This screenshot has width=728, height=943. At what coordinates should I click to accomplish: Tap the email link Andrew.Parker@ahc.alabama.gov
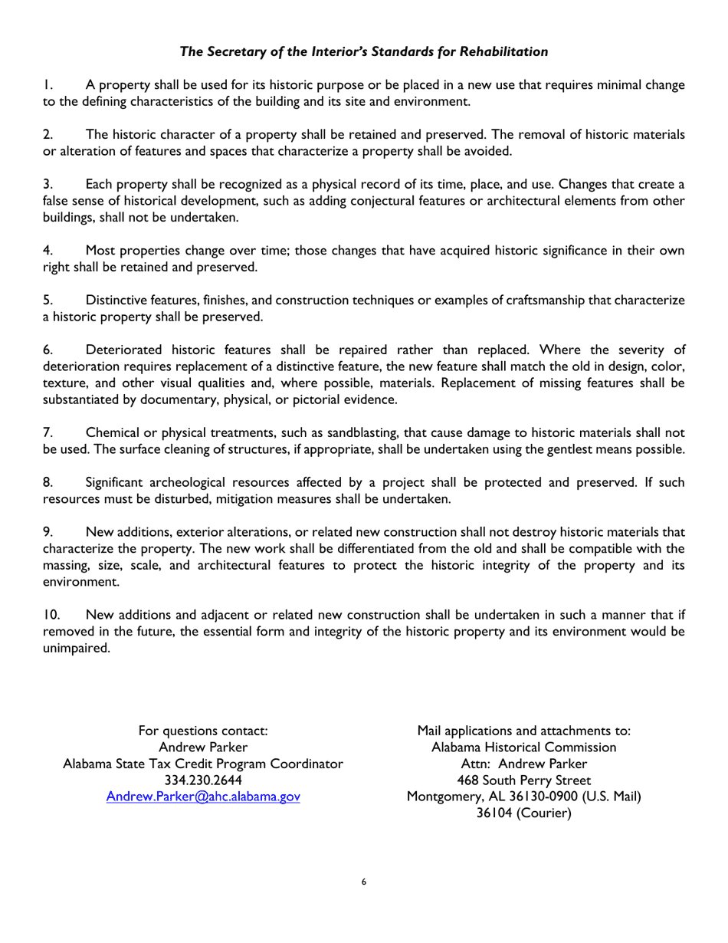(202, 797)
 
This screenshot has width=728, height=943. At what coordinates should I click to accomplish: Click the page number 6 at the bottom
(364, 882)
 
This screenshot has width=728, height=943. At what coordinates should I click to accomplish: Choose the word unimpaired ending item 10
(76, 648)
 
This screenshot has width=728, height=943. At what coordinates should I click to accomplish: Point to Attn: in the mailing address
(475, 764)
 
